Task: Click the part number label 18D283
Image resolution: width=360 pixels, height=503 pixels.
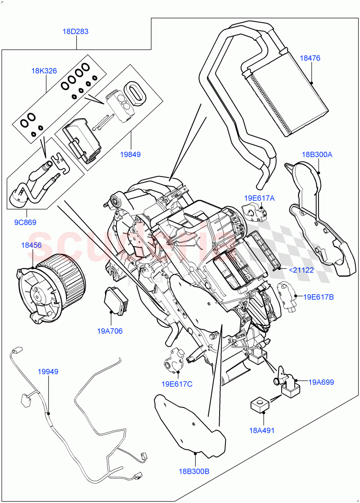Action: click(75, 31)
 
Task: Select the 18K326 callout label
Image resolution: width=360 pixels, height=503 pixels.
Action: click(44, 71)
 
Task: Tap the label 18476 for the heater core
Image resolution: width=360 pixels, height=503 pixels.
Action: click(310, 58)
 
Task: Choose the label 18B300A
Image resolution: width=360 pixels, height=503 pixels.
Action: click(316, 154)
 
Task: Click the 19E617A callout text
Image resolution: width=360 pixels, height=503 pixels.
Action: click(260, 198)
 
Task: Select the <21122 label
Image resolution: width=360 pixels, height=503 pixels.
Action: click(301, 270)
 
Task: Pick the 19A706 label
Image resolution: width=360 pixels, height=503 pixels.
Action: click(110, 331)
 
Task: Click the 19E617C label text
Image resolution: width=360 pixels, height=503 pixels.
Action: click(176, 384)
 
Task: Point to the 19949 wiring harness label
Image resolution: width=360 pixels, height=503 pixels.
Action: click(48, 371)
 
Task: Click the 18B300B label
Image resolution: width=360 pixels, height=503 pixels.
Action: click(193, 471)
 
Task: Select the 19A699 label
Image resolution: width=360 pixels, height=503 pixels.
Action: click(321, 382)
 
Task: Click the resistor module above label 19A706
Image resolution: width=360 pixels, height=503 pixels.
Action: click(115, 300)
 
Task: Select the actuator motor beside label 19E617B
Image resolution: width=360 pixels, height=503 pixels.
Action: click(285, 295)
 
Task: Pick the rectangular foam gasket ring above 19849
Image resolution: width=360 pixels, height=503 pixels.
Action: click(136, 93)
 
